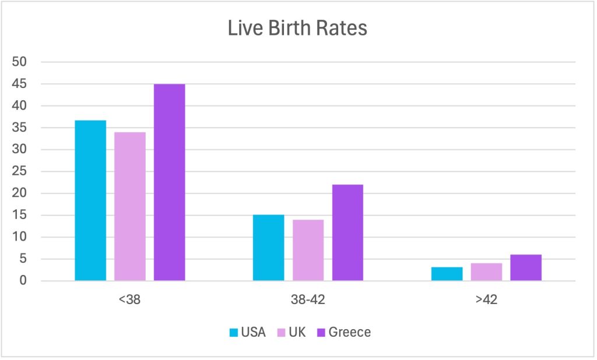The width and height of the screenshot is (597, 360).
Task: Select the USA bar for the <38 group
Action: click(90, 200)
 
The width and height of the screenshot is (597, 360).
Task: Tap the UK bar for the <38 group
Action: click(130, 206)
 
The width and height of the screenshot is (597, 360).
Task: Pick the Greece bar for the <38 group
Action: click(169, 182)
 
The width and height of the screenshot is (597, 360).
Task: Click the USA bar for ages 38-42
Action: click(268, 248)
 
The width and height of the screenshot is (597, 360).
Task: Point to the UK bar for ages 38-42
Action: click(308, 250)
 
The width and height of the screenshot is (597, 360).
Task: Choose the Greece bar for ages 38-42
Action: click(347, 232)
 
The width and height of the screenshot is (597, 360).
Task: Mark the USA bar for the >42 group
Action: click(447, 274)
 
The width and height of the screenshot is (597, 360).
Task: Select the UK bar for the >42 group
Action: click(486, 272)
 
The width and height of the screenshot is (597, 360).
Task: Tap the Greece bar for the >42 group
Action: click(525, 267)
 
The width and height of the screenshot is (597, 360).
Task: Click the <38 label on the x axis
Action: click(129, 302)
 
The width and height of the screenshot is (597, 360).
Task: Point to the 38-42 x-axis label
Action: click(308, 302)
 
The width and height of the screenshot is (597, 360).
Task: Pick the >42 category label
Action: click(486, 302)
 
